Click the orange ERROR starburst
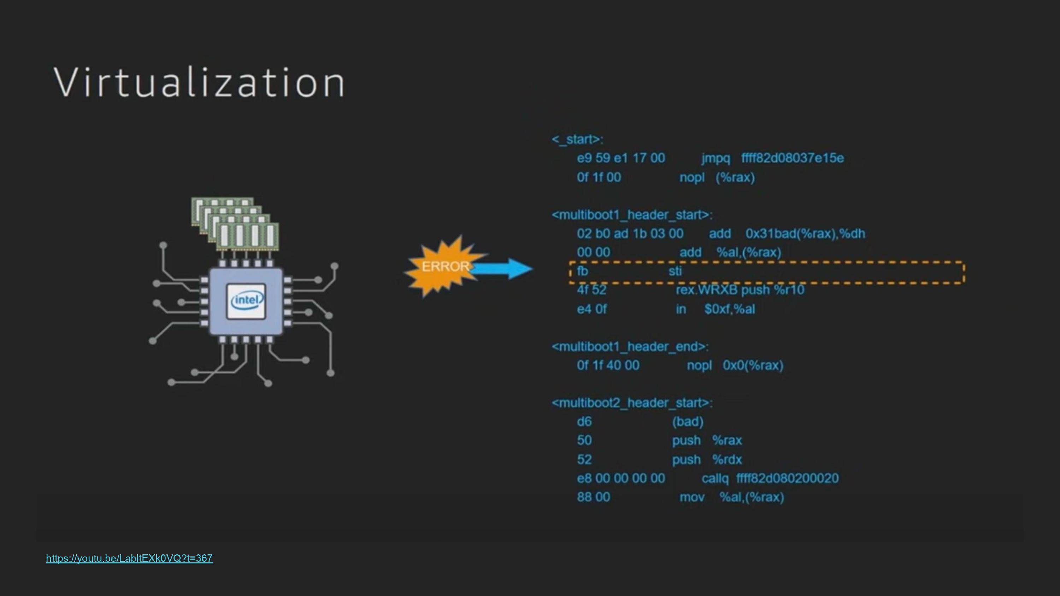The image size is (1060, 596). coord(442,266)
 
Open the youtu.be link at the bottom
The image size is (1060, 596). coord(129,558)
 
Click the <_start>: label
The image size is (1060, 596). coord(577,139)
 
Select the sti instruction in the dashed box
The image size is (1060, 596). coord(675,271)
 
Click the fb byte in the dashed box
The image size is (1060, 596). coord(582,271)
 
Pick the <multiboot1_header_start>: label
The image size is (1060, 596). coord(632,215)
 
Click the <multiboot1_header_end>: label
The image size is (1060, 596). coord(630,347)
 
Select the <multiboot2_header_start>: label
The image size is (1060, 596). coord(632,403)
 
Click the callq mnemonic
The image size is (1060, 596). coord(715,478)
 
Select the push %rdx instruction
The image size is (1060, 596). coord(707,459)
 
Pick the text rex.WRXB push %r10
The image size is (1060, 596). coord(740,290)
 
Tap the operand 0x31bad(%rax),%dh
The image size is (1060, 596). coord(805,234)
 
